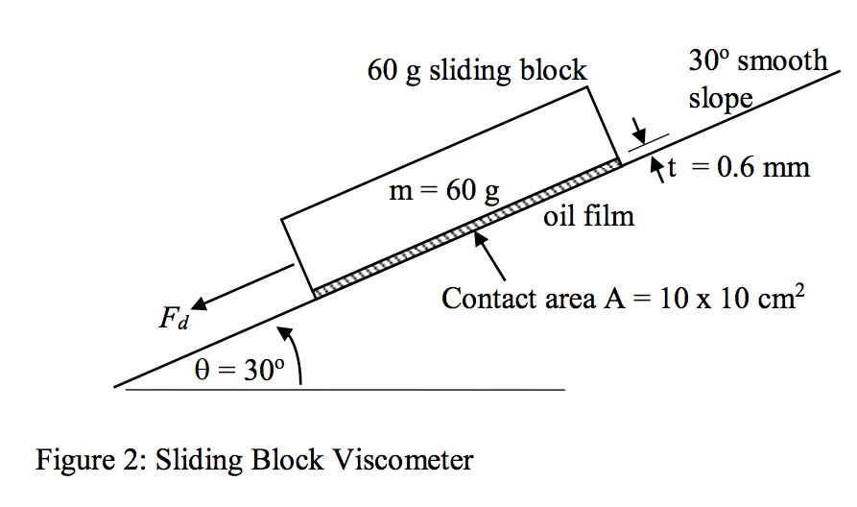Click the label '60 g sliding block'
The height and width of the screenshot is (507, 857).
pos(477,71)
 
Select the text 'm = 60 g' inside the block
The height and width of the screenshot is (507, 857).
pos(443,190)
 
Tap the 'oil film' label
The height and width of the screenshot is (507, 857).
pos(588,216)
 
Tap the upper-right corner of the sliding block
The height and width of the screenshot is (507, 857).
pos(586,88)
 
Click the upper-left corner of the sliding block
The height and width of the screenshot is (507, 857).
pos(282,219)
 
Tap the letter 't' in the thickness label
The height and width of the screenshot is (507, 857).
pos(673,167)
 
